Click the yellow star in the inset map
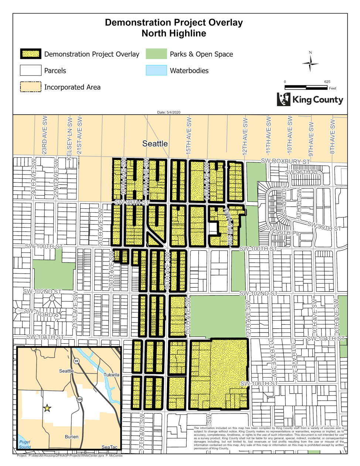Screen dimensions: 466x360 point(47,408)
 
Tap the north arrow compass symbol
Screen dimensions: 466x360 point(310,64)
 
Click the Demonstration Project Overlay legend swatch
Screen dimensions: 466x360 point(31,54)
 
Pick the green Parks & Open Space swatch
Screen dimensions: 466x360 point(156,54)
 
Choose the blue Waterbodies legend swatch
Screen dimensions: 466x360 point(156,70)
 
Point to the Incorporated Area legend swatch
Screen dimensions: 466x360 point(31,87)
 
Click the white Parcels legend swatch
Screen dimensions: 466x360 point(31,70)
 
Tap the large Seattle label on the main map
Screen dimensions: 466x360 point(155,143)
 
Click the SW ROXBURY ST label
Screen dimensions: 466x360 point(285,161)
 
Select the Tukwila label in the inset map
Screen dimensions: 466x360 point(111,375)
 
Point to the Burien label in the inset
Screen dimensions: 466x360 point(71,437)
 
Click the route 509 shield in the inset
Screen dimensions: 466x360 point(79,399)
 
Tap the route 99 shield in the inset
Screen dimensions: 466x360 point(76,361)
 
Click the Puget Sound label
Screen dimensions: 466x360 point(25,444)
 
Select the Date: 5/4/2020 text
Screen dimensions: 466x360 point(169,112)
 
